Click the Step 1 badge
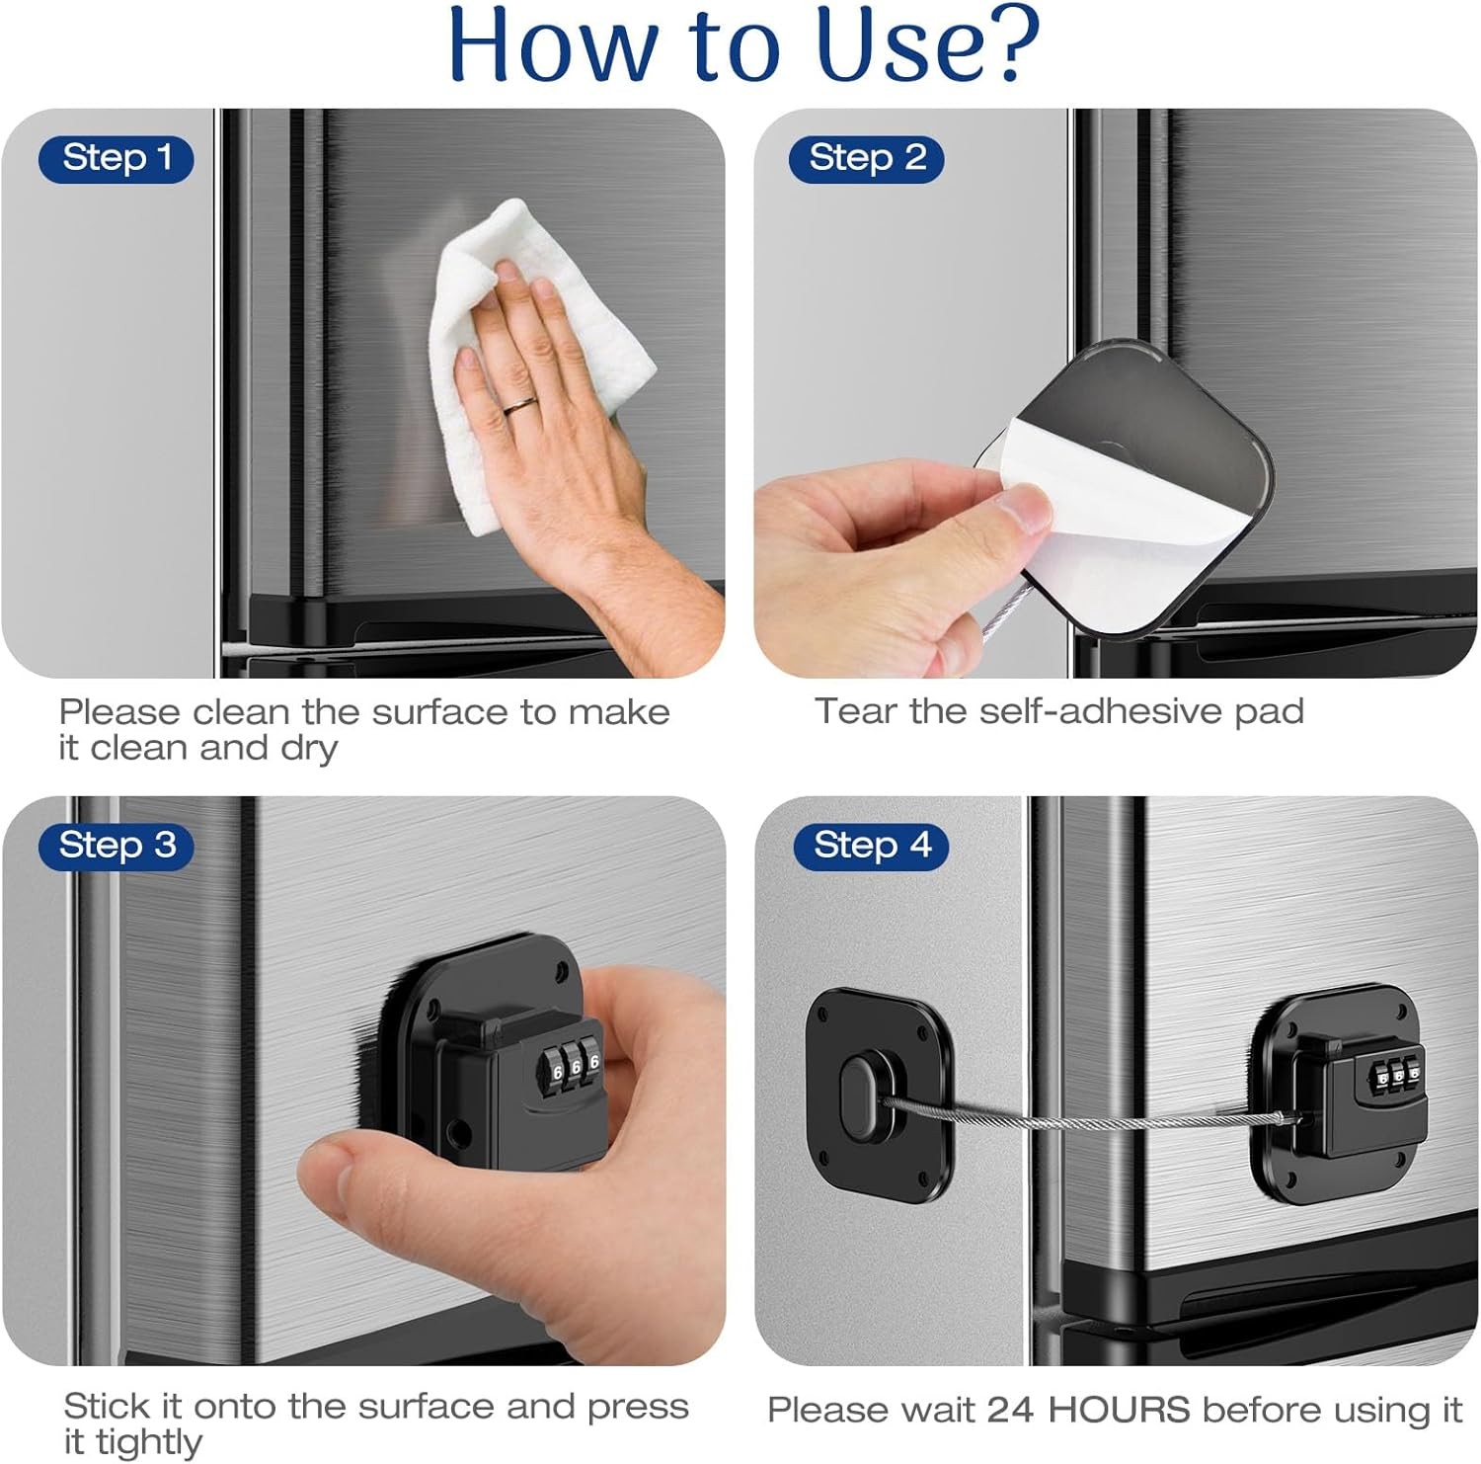[x=117, y=158]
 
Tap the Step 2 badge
[x=867, y=158]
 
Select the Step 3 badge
[x=117, y=846]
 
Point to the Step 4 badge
[x=871, y=846]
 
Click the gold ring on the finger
[x=520, y=403]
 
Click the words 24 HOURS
[x=1088, y=1410]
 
